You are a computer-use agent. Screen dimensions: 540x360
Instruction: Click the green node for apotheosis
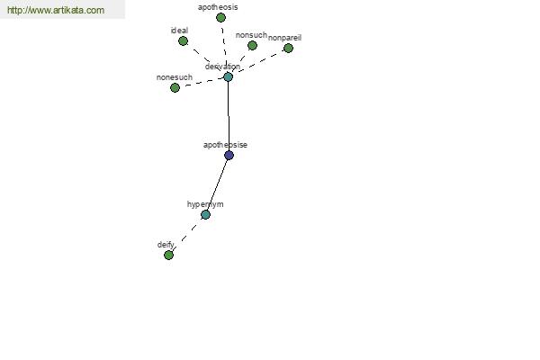click(220, 18)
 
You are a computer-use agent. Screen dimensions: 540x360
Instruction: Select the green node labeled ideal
click(183, 41)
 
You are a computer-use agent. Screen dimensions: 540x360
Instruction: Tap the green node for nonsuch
click(252, 46)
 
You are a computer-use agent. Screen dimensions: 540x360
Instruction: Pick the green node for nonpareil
click(288, 49)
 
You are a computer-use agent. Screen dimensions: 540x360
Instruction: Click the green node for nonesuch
click(175, 88)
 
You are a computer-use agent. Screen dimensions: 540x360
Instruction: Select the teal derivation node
click(228, 76)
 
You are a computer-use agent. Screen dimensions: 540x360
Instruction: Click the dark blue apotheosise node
click(229, 156)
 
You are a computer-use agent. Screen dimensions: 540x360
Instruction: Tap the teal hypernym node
click(205, 214)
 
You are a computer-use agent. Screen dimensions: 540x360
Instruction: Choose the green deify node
click(168, 255)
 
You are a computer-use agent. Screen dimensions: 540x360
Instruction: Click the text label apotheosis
click(218, 7)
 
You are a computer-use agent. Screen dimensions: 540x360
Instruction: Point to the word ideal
click(179, 31)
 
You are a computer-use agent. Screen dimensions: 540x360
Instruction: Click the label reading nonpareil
click(284, 38)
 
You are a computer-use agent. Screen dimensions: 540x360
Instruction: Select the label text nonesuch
click(175, 77)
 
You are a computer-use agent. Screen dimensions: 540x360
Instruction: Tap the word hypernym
click(205, 204)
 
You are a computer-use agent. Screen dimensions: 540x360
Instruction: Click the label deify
click(166, 245)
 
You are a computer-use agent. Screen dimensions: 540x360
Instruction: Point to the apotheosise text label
click(225, 145)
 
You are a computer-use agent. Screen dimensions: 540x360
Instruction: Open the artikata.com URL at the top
click(56, 10)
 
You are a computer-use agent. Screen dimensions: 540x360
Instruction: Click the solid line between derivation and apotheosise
click(229, 116)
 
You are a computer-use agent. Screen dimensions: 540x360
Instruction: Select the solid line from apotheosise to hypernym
click(217, 185)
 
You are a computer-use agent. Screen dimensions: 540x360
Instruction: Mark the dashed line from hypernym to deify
click(187, 235)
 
